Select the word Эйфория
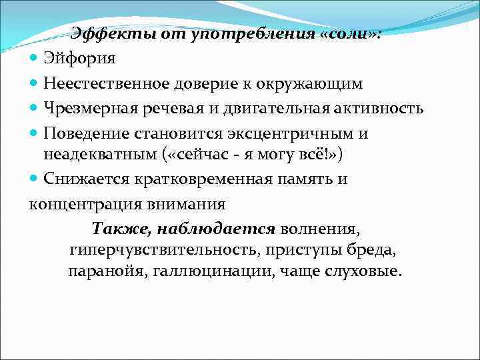80,59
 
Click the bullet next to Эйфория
35,59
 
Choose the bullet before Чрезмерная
35,108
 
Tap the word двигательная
267,108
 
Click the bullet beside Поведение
35,133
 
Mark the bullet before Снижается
35,179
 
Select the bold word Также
121,229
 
